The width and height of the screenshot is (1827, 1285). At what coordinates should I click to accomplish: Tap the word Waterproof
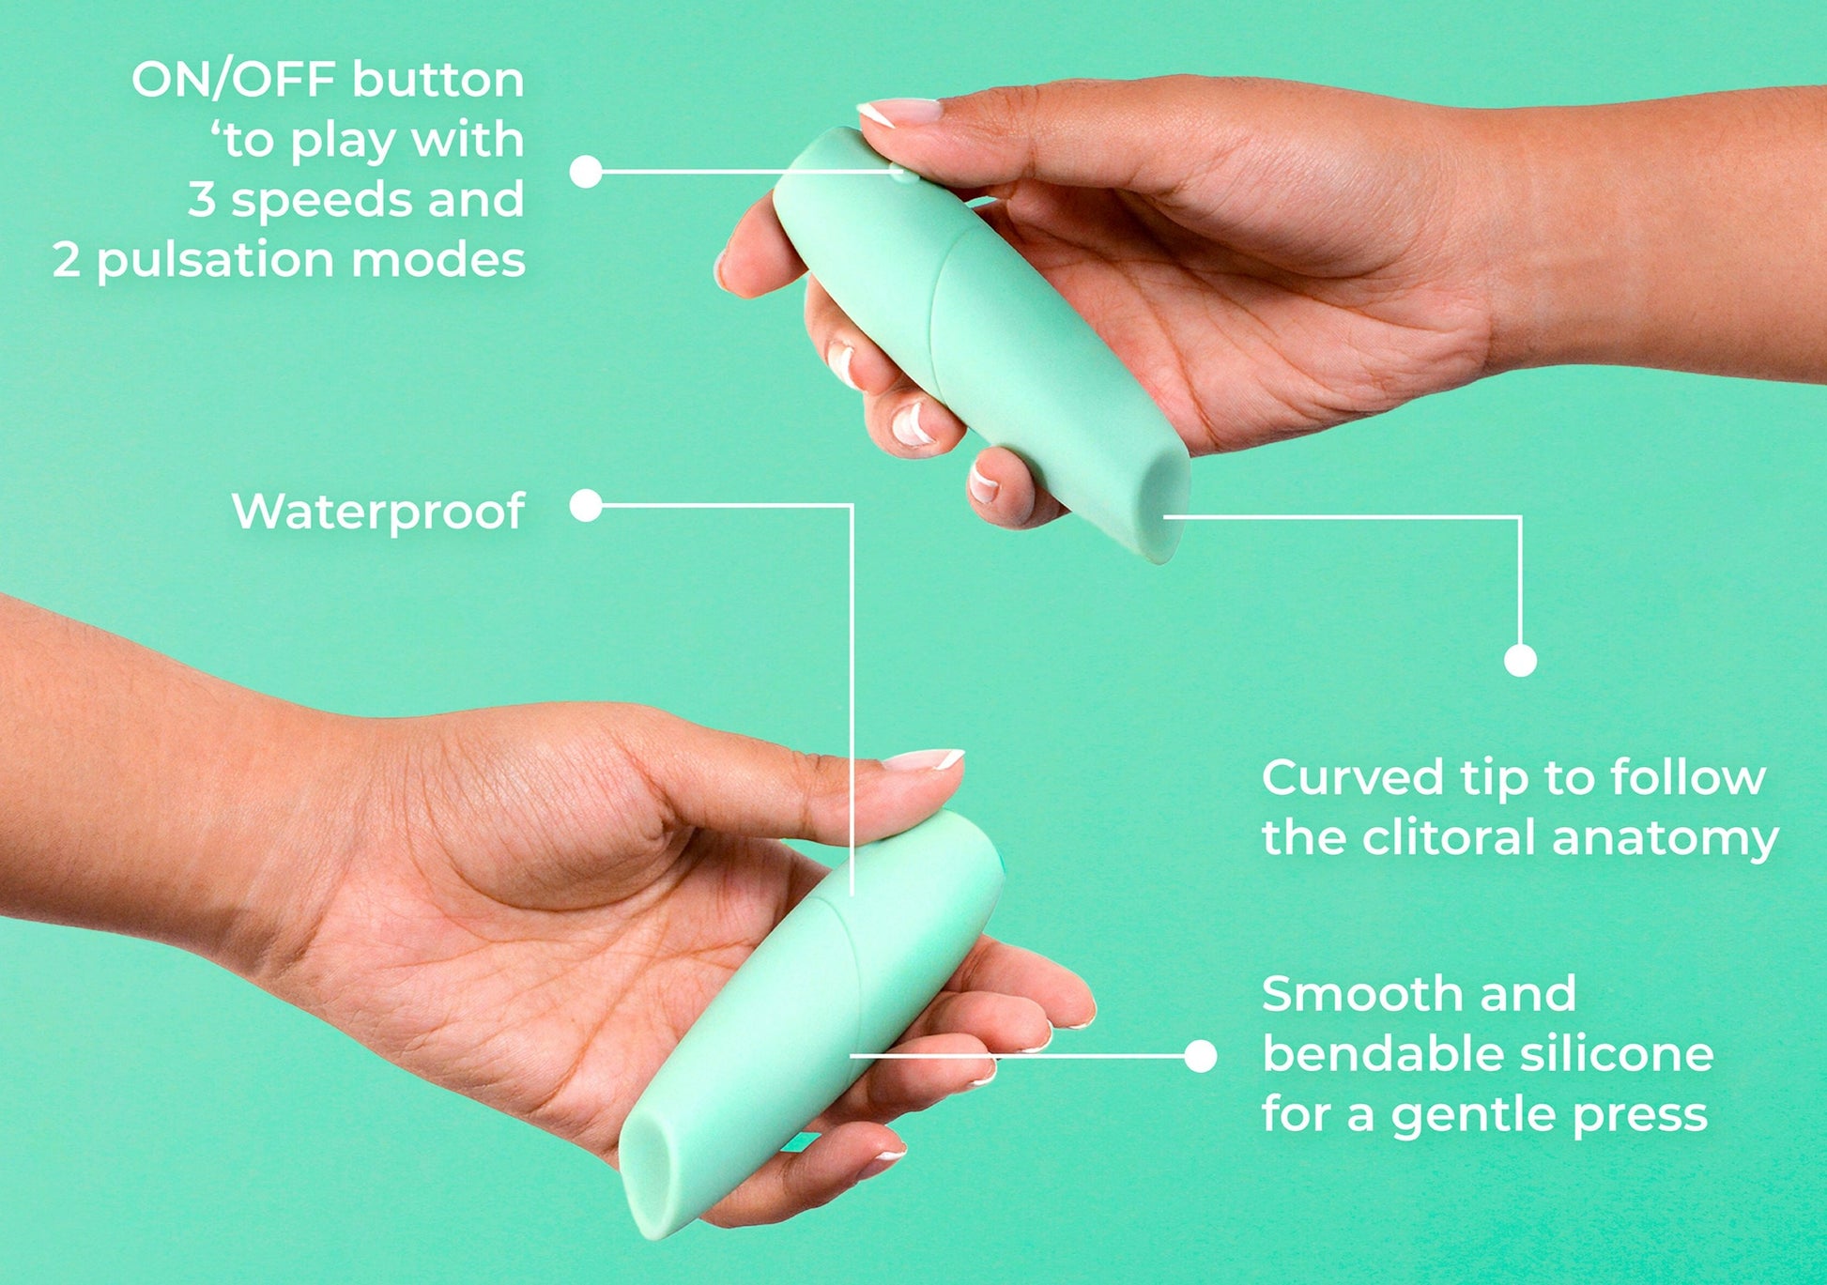(x=377, y=512)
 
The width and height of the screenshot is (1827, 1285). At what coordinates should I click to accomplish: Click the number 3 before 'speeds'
(x=202, y=200)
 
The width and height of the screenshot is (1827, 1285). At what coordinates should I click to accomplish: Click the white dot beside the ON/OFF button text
(x=586, y=171)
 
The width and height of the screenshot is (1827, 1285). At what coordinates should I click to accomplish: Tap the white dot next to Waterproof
(x=586, y=505)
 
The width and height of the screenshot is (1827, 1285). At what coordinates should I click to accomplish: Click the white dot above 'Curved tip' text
(x=1520, y=660)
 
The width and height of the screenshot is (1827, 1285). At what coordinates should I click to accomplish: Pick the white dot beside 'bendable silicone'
(x=1200, y=1056)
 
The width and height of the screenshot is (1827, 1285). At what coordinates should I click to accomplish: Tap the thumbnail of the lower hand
(x=924, y=759)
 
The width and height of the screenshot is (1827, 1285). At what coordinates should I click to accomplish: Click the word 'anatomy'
(x=1666, y=839)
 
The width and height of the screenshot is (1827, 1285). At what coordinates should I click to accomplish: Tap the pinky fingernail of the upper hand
(x=983, y=482)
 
